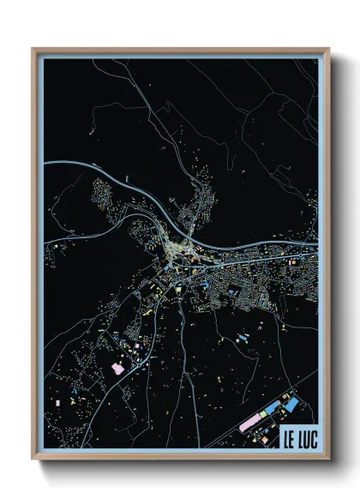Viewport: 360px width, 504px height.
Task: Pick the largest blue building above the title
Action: click(291, 402)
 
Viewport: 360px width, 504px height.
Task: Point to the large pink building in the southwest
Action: click(117, 368)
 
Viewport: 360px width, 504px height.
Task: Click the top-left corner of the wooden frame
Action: click(33, 49)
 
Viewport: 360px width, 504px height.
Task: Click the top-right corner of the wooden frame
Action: click(329, 49)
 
